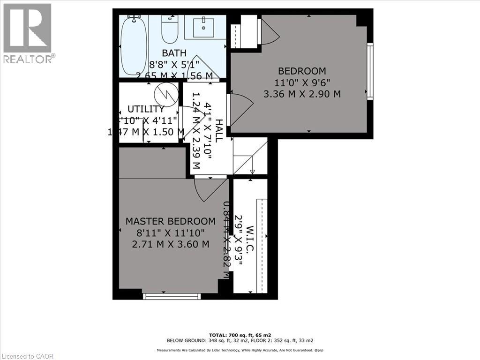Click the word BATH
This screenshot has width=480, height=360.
(x=174, y=53)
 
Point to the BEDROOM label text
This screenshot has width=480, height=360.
(x=302, y=71)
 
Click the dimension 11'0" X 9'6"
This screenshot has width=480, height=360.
(x=302, y=82)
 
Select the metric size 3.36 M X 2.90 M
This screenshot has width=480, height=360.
(x=302, y=94)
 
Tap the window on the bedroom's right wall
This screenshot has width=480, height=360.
(x=370, y=71)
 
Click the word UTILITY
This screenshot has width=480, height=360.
(x=146, y=109)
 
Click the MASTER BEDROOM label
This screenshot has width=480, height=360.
(x=171, y=221)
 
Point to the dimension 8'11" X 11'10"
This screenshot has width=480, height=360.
(x=171, y=232)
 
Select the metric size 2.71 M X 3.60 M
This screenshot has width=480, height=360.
(x=171, y=244)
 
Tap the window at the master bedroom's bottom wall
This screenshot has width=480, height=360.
(x=172, y=296)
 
